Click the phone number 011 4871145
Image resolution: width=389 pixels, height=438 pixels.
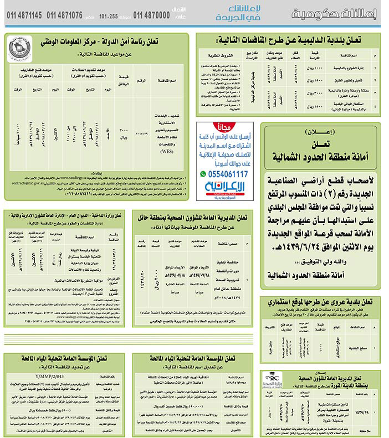point(25,16)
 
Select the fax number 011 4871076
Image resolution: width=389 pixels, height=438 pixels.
point(65,16)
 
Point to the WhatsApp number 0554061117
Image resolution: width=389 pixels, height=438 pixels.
point(224,174)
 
